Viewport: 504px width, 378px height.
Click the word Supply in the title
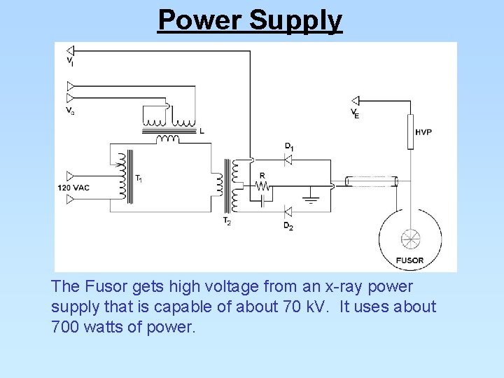(295, 21)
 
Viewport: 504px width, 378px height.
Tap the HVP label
(423, 132)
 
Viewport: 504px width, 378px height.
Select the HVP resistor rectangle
(410, 132)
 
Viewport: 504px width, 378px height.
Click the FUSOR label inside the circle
(409, 260)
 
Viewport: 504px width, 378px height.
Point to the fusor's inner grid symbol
(410, 238)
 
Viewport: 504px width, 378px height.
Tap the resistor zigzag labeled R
(262, 186)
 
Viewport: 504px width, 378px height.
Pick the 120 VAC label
(73, 188)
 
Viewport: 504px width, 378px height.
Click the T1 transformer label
(139, 179)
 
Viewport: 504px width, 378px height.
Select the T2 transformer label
(227, 221)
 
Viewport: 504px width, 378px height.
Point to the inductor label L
(202, 131)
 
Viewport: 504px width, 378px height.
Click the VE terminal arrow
(355, 101)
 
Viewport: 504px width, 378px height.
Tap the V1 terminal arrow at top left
(70, 50)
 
